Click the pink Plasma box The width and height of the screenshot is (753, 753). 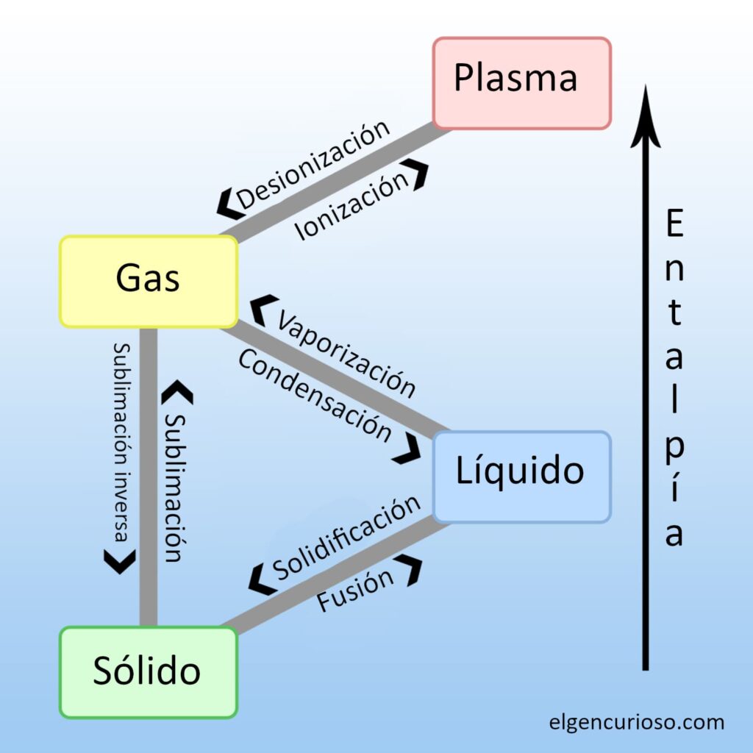pos(521,83)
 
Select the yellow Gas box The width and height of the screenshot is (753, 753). pos(148,281)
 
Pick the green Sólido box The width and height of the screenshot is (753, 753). pos(148,672)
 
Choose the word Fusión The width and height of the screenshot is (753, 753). pos(356,590)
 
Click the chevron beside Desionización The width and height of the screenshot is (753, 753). pos(230,203)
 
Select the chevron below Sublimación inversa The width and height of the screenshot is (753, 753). pos(120,561)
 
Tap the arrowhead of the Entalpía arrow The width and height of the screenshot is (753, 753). pos(645,118)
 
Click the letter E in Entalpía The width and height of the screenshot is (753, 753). pos(674,224)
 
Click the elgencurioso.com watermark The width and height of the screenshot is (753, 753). pos(637,721)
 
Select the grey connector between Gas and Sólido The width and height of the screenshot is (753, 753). pos(148,478)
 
